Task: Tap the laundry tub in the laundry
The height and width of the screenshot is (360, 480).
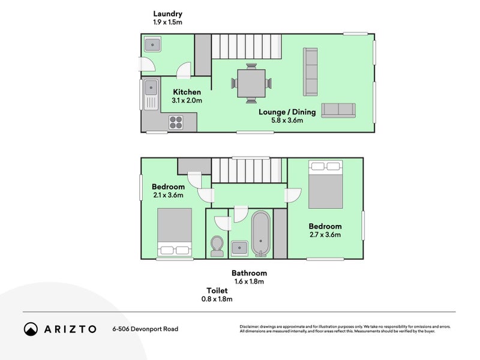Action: (x=151, y=44)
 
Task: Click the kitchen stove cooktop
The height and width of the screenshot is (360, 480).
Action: (x=176, y=122)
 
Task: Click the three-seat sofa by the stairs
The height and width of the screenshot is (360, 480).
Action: (x=311, y=72)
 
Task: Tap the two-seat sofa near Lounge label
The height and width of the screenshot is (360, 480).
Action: (x=338, y=110)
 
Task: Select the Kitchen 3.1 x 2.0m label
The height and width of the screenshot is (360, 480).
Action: (x=187, y=96)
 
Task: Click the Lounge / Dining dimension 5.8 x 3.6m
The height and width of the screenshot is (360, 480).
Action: (x=287, y=120)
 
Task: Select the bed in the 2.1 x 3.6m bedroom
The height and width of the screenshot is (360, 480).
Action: (x=175, y=233)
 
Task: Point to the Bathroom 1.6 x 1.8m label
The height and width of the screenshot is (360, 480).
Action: (x=249, y=277)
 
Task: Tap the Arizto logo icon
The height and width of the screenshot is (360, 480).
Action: (x=31, y=329)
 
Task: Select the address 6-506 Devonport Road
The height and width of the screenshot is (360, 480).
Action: (x=145, y=329)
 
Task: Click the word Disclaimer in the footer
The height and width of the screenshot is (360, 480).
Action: (x=251, y=326)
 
